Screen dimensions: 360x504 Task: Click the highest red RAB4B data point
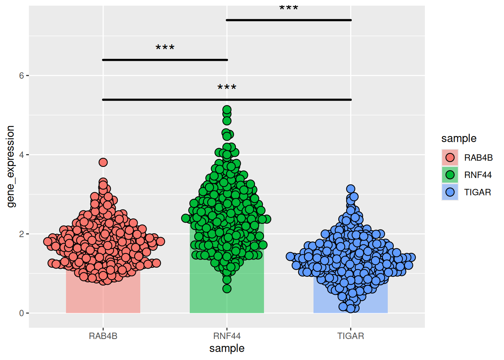coord(103,162)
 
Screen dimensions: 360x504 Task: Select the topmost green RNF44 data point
coord(227,110)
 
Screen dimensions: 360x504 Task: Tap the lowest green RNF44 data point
coord(227,289)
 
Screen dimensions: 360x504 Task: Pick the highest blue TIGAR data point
coord(351,189)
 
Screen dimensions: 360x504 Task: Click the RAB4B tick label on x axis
coord(103,336)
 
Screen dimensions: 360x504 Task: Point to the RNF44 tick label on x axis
coord(227,336)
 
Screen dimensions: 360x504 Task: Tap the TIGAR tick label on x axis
coord(351,336)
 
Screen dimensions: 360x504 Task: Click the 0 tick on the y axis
coord(21,313)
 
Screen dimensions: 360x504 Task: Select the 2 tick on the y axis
coord(21,234)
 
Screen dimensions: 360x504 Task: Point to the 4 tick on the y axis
coord(21,155)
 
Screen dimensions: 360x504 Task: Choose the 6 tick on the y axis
coord(21,76)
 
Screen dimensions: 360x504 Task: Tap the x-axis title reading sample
coord(227,348)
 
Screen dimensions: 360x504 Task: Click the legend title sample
coord(459,138)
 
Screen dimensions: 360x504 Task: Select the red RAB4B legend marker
coord(450,157)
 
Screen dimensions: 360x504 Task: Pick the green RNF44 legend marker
coord(450,175)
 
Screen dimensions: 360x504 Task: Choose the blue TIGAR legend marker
coord(450,192)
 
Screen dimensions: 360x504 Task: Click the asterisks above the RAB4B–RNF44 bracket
coord(165,48)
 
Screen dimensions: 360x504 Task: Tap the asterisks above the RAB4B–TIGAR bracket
coord(227,87)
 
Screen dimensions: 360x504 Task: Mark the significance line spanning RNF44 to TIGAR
coord(289,20)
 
